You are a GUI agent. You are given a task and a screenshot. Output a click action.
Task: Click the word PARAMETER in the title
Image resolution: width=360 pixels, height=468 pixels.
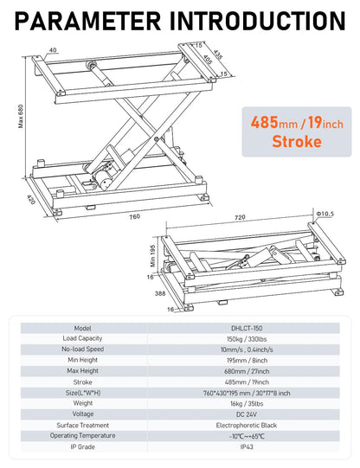(97, 20)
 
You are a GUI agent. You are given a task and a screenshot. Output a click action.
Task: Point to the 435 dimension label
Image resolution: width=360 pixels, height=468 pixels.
(218, 55)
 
